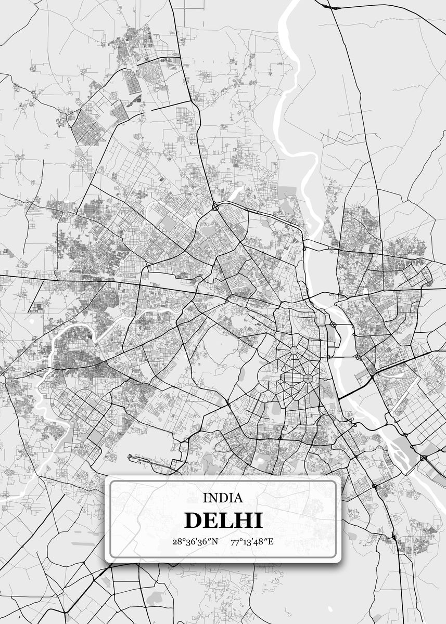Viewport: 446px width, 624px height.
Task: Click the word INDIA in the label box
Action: pos(223,498)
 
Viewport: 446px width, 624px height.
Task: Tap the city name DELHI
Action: pos(223,521)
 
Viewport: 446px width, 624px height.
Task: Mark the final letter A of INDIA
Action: pos(238,498)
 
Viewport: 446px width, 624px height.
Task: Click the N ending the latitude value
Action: pos(215,542)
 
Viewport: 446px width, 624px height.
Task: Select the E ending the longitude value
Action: pos(271,542)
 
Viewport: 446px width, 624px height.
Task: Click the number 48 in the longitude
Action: pos(260,542)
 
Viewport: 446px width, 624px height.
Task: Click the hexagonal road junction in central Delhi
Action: pos(308,376)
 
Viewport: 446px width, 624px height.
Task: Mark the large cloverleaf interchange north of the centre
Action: pos(215,207)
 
